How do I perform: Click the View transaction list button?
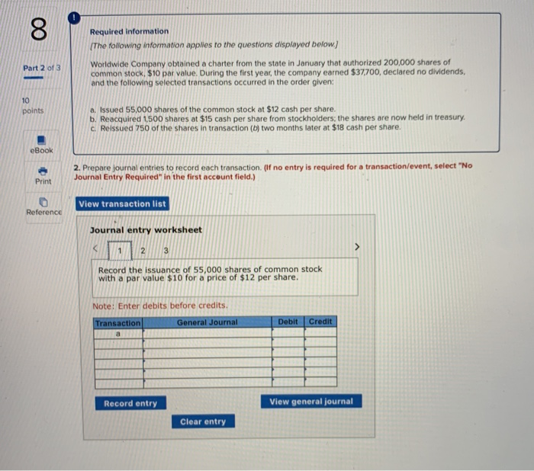[122, 204]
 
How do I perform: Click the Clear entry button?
[203, 421]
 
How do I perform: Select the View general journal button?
[311, 402]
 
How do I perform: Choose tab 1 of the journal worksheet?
[119, 251]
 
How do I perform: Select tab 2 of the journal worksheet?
[142, 251]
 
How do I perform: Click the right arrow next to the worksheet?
[354, 248]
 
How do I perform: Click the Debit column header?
[288, 322]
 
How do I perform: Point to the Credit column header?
[320, 322]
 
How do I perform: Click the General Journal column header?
[207, 322]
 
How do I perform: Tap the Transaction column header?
[117, 323]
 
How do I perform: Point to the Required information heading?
[129, 31]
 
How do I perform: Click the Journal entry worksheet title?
[146, 230]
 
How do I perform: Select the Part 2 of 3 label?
[42, 69]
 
